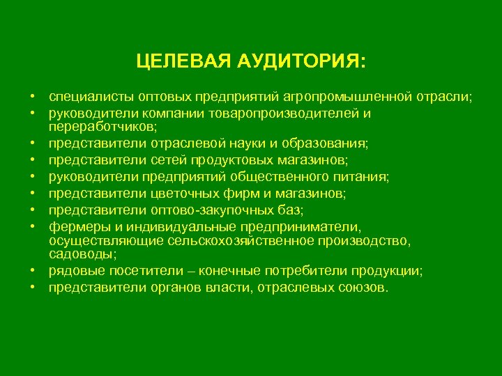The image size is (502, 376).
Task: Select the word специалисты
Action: coord(86,96)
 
